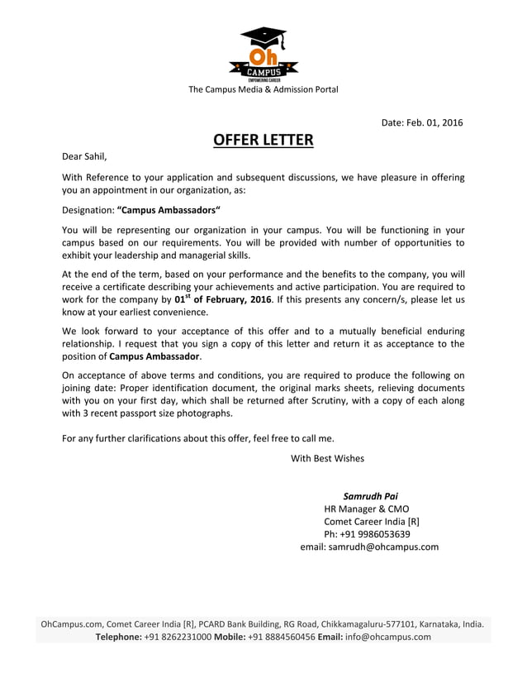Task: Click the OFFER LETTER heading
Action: point(263,139)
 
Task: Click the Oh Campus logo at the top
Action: point(263,53)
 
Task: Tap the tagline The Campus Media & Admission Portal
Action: point(263,89)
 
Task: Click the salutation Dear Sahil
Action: point(85,155)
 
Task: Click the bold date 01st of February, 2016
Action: point(223,299)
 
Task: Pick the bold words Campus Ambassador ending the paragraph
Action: point(154,356)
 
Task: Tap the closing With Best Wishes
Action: point(327,458)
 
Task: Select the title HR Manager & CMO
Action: point(366,509)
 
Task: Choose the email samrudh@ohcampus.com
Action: point(383,547)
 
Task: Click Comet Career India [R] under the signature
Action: point(372,522)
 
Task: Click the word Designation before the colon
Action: point(88,210)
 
